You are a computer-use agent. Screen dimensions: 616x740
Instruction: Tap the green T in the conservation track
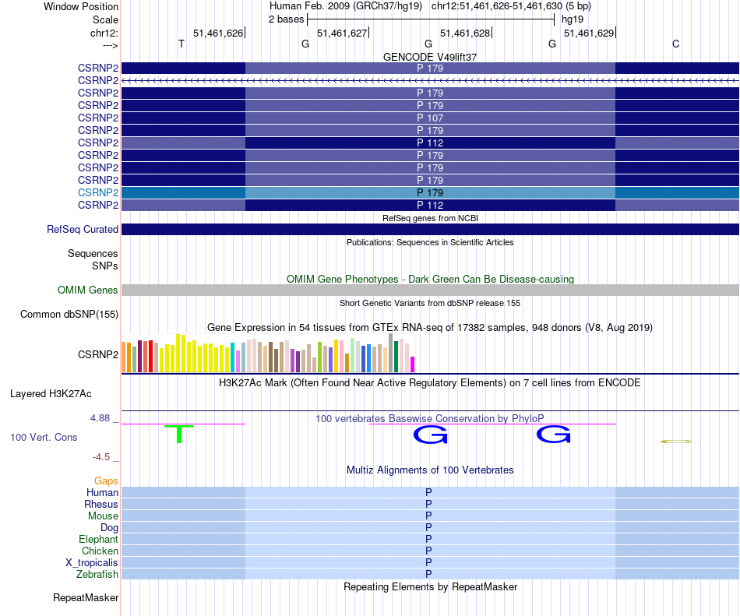179,434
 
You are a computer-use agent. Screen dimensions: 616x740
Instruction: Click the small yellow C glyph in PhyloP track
676,442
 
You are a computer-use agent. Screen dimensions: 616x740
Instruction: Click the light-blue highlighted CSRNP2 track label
98,192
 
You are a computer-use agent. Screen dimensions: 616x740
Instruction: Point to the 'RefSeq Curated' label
83,230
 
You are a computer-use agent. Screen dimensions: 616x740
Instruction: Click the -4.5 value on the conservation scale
104,457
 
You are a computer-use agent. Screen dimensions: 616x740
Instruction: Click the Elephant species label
98,539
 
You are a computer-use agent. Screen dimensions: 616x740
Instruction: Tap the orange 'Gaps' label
106,481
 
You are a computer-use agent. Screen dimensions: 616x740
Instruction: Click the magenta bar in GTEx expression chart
413,364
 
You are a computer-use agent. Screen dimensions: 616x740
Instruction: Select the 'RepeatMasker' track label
86,598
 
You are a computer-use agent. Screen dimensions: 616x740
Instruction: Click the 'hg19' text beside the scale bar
573,19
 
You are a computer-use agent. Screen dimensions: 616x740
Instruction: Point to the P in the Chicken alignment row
428,551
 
